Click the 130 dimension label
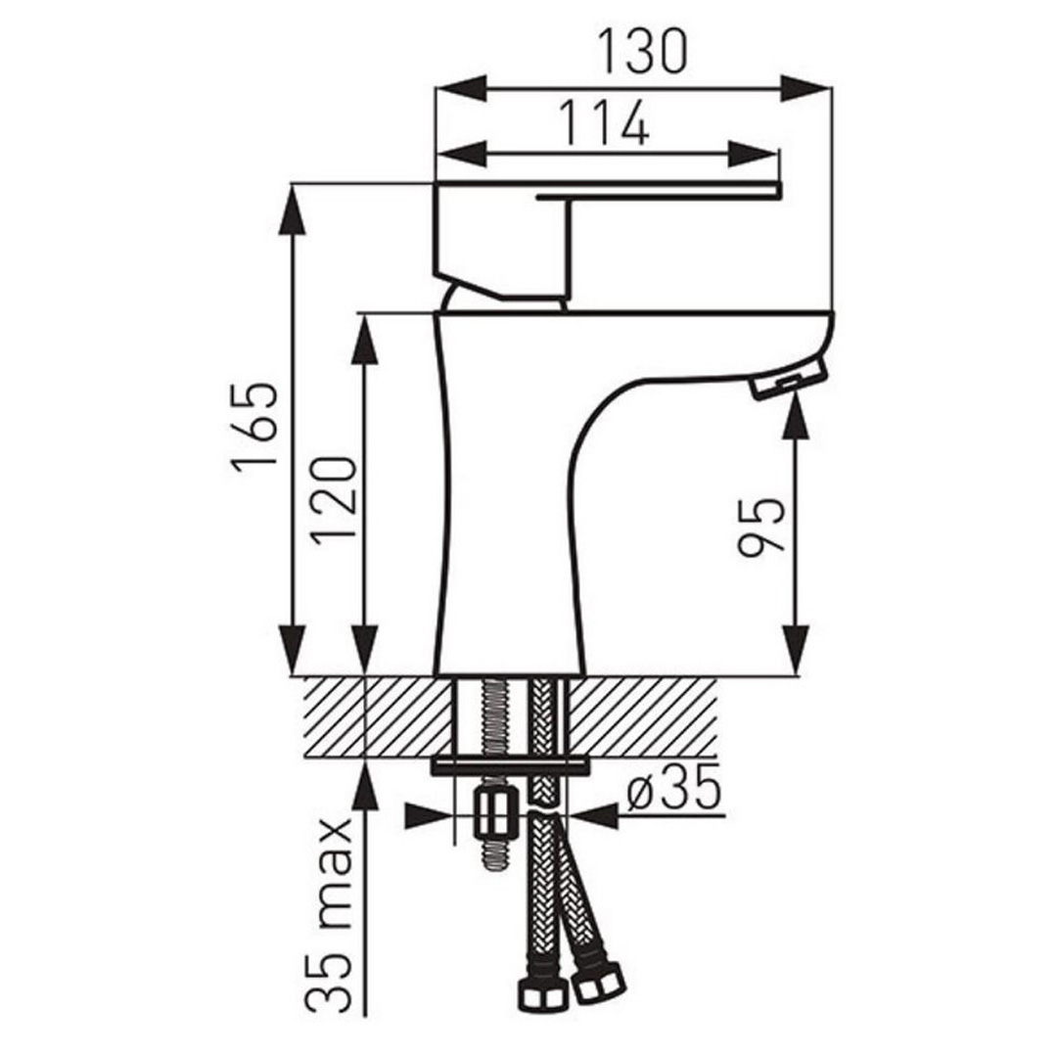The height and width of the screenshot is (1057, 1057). [x=642, y=51]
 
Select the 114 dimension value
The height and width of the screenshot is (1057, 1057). [x=605, y=123]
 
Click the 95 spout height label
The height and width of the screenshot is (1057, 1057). [x=761, y=527]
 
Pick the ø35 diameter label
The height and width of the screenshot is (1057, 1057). [x=674, y=787]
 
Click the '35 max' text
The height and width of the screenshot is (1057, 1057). [x=329, y=915]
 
